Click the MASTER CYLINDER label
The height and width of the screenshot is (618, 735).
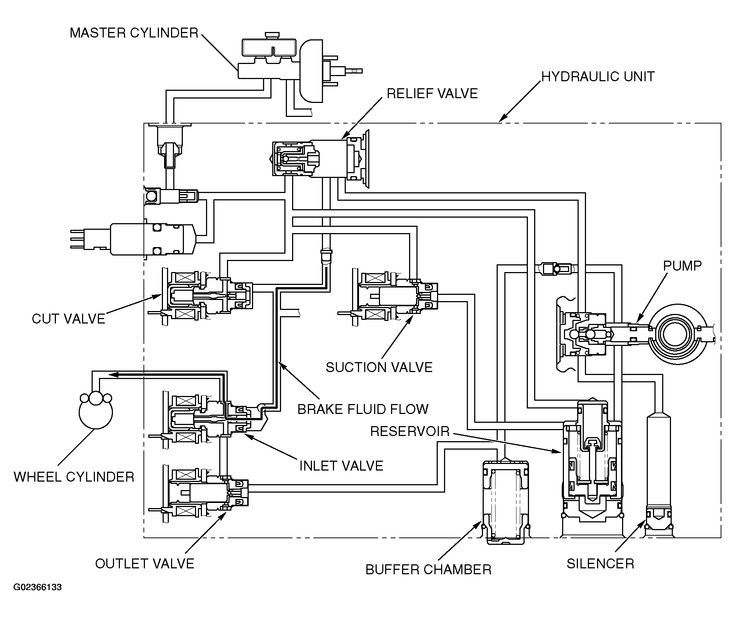(134, 33)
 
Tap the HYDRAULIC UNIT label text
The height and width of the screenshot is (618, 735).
(598, 76)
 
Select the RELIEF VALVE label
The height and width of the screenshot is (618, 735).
(432, 93)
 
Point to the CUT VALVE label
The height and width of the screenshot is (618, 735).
(69, 318)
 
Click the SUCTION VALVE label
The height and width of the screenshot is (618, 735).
(379, 367)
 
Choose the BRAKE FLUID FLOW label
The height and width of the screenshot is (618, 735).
(363, 409)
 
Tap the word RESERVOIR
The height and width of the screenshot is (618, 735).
(410, 431)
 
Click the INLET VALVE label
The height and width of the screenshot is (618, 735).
(341, 466)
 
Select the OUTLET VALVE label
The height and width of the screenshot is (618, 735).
(145, 564)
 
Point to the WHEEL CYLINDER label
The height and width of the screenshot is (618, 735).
(74, 477)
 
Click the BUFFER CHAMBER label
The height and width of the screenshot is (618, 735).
(429, 569)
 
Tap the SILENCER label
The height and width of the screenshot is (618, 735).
(600, 564)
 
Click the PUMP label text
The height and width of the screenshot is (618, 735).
(682, 266)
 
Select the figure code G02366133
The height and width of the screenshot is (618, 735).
(38, 597)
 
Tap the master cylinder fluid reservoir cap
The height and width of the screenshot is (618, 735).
(273, 35)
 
